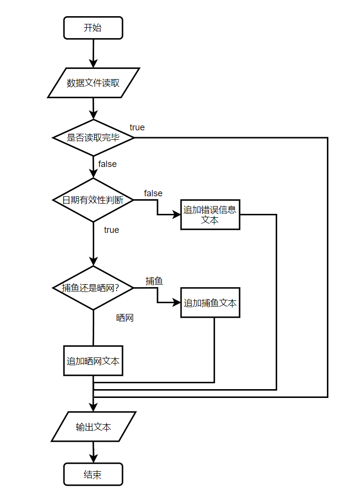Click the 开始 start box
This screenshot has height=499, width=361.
(93, 28)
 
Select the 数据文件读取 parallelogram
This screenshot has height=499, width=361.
(93, 83)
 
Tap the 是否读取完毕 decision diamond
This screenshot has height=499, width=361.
(93, 138)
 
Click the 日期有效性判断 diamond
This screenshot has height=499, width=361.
(93, 200)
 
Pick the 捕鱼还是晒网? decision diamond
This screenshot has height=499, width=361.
(93, 288)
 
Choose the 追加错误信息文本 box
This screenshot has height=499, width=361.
(210, 215)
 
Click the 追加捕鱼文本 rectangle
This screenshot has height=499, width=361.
(210, 303)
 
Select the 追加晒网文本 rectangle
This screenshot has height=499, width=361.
(93, 361)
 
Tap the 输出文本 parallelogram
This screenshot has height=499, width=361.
(93, 427)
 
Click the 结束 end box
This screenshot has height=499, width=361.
(93, 474)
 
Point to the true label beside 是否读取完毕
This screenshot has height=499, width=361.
(137, 127)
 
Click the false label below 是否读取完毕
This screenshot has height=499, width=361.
(107, 164)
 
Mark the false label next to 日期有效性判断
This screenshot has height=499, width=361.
(153, 194)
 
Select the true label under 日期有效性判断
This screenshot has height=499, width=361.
(111, 230)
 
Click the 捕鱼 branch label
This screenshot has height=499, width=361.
(154, 281)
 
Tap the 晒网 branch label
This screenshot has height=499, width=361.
(125, 318)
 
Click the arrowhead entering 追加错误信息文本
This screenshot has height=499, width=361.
(177, 215)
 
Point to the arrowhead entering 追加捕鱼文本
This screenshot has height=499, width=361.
(177, 303)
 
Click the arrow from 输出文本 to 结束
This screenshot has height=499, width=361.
(93, 452)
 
